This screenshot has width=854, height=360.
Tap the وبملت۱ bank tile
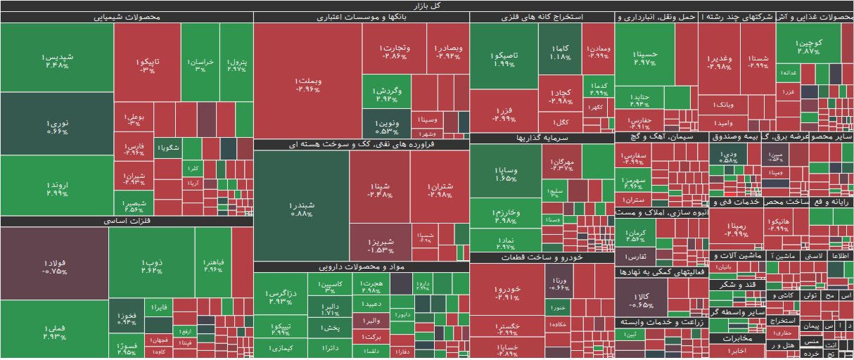click(x=308, y=84)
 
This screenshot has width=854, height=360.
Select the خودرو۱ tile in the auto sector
click(x=507, y=292)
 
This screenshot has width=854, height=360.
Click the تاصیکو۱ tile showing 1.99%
click(x=504, y=58)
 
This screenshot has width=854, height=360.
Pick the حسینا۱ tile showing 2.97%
click(x=644, y=57)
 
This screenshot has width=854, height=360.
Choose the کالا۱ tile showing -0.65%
click(x=641, y=300)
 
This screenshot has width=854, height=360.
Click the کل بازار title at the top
click(x=427, y=6)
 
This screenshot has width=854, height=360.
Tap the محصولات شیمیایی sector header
click(x=127, y=17)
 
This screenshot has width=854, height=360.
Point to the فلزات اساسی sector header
click(x=127, y=221)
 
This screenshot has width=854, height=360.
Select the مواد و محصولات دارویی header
click(x=361, y=266)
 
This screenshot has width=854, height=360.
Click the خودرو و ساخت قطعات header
click(x=541, y=257)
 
